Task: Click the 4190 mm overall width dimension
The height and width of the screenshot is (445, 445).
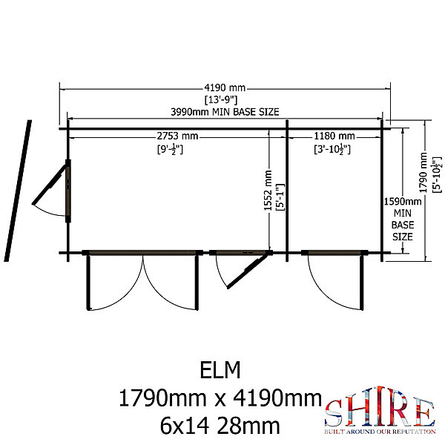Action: [225, 88]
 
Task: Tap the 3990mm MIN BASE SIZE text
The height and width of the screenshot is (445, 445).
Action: [225, 112]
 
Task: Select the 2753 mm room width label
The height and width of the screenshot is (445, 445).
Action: [177, 136]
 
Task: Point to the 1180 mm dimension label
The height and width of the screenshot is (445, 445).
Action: [334, 136]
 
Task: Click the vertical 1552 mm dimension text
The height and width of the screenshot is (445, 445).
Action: [268, 191]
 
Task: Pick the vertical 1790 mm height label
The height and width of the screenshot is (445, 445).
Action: [423, 173]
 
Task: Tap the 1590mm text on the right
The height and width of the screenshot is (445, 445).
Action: [403, 202]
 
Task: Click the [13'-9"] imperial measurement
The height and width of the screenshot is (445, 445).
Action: [221, 99]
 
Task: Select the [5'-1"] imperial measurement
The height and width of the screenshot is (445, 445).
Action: [280, 197]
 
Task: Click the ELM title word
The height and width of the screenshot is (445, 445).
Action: [220, 370]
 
